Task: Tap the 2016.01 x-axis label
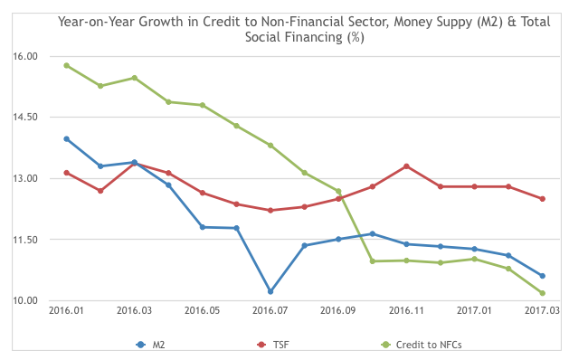66,310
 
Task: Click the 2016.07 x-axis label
270,310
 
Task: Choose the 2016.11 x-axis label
406,310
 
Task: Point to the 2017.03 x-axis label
542,310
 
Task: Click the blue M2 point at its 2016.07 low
270,291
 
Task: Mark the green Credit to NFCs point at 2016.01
66,65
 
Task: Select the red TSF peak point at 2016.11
406,166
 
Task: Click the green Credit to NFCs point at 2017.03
542,293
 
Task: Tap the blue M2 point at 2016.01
66,138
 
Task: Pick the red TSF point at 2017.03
542,199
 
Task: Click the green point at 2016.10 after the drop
372,261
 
